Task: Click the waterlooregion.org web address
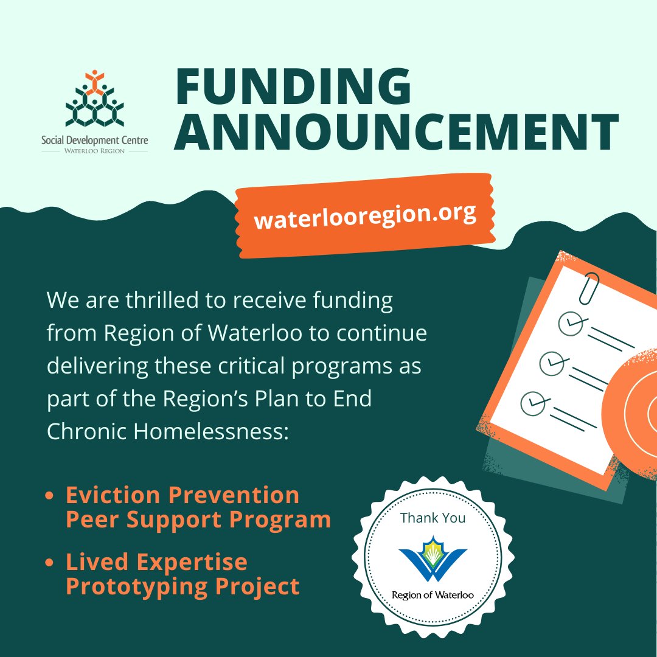pyautogui.click(x=364, y=217)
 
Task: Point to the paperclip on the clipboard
pyautogui.click(x=589, y=288)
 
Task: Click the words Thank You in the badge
pyautogui.click(x=433, y=518)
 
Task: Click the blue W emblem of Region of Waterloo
pyautogui.click(x=433, y=558)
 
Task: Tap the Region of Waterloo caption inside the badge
pyautogui.click(x=433, y=595)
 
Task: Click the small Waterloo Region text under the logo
pyautogui.click(x=94, y=151)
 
